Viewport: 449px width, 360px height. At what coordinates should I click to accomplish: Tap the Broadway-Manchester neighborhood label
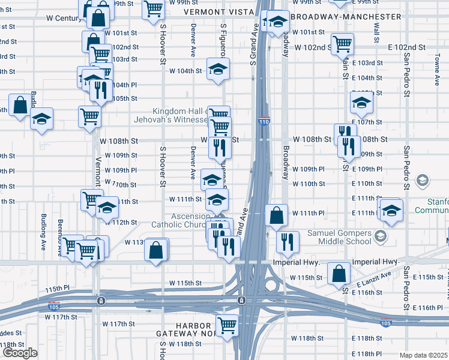coord(346,17)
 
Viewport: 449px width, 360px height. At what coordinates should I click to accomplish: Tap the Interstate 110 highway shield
coord(264,121)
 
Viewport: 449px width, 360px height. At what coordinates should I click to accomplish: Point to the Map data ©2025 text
coord(424,355)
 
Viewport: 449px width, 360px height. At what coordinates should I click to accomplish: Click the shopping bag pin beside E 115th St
coord(340,273)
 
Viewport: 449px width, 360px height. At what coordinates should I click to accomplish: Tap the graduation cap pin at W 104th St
coord(218,68)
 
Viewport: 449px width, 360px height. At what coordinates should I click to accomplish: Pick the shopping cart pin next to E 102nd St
coord(342,43)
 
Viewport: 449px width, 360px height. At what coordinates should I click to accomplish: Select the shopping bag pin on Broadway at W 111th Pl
coord(276,215)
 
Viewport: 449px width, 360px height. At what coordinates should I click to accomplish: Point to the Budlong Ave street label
coord(43,227)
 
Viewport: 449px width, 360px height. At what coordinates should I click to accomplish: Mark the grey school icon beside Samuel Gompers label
coord(379,236)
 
